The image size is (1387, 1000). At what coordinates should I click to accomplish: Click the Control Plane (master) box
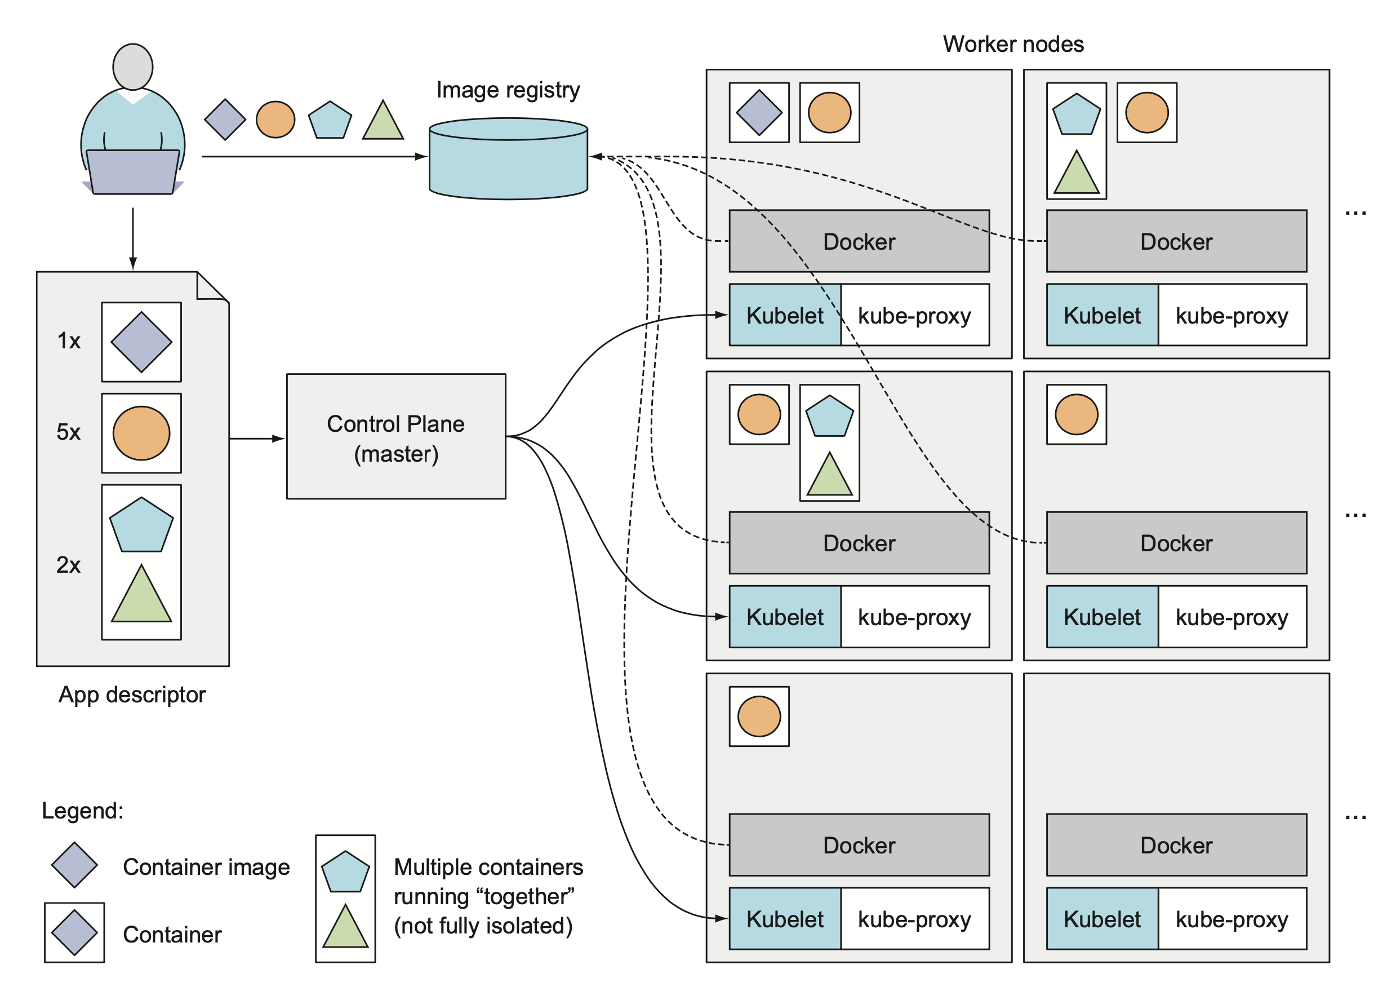click(395, 436)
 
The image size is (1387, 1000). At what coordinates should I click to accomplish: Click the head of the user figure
click(133, 66)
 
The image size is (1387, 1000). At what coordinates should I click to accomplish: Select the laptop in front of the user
click(133, 172)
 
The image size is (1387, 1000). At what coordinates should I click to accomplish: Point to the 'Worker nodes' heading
click(1013, 44)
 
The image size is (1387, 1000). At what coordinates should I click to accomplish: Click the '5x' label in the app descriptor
click(69, 432)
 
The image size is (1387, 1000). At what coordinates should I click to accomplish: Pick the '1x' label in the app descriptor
click(69, 341)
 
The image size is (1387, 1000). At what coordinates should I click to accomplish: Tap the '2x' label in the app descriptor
click(69, 565)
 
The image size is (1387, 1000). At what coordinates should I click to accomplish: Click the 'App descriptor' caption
click(132, 694)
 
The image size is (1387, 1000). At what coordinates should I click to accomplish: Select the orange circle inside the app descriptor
click(141, 433)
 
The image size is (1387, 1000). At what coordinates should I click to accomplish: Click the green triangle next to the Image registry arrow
click(383, 122)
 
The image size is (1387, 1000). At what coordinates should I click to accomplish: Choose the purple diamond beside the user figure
click(225, 120)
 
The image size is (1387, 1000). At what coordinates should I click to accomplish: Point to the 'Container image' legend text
click(206, 866)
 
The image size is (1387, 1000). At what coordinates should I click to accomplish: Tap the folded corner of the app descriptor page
click(211, 286)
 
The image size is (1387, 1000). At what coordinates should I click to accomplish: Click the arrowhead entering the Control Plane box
click(279, 439)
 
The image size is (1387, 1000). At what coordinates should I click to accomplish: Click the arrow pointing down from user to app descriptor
click(133, 238)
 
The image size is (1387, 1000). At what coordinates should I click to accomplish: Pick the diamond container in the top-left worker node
click(759, 113)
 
